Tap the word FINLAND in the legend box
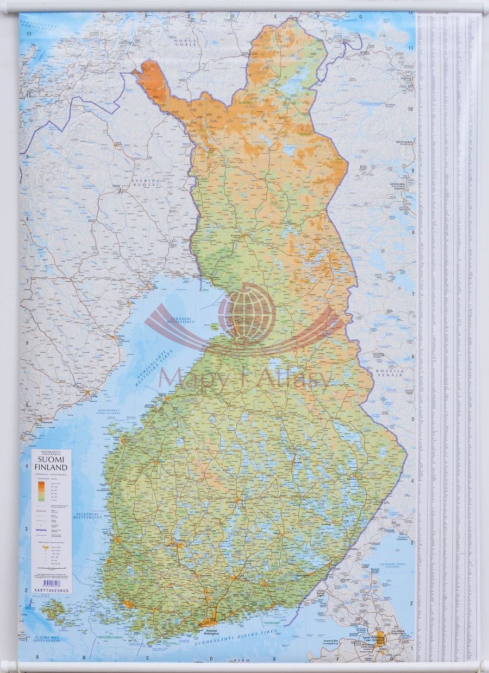pos(51,467)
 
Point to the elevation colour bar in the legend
pos(41,490)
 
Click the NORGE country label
pos(184,41)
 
